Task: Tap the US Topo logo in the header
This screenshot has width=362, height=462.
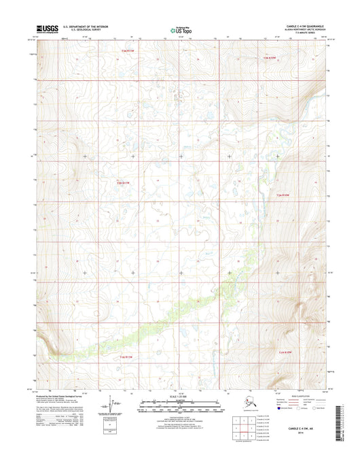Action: coord(181,30)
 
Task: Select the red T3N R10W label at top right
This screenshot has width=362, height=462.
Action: coord(271,59)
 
